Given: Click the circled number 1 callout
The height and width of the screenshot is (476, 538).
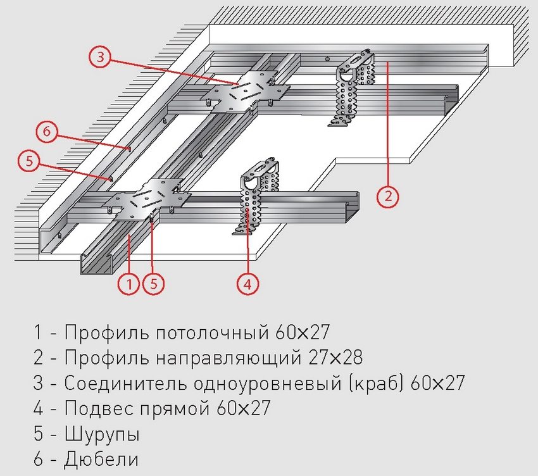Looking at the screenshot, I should (128, 284).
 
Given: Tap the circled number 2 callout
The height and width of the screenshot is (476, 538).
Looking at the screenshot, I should (388, 196).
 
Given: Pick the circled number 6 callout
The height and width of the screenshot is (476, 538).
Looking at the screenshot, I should (47, 133).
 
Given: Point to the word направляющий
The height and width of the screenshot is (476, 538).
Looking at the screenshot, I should (218, 358).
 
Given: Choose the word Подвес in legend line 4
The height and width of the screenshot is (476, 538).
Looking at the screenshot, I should (94, 409).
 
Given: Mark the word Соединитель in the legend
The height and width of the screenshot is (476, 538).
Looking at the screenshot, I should (125, 383).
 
